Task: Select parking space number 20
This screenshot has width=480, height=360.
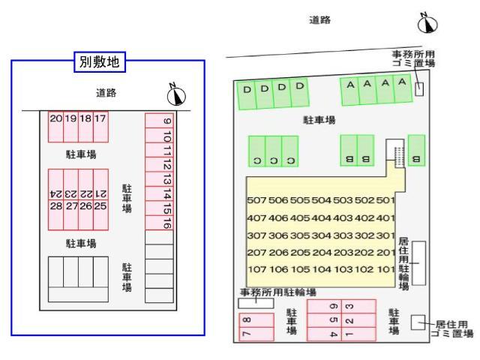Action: coord(55,125)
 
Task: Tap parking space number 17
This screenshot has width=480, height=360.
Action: coord(100,125)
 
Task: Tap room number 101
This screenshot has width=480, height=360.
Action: coord(385,269)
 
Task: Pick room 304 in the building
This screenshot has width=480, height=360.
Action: coord(321,235)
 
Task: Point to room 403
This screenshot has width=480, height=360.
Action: coord(343,217)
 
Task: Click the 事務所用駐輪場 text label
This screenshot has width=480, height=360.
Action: coord(278,292)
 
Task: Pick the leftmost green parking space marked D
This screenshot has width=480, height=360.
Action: coord(247,95)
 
